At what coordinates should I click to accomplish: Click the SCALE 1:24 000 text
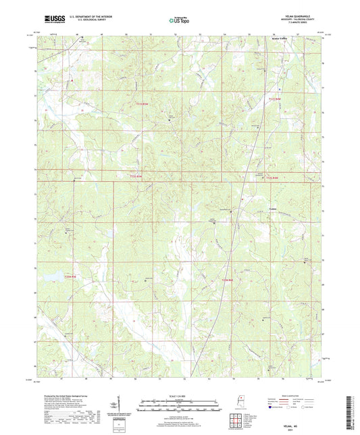click(x=180, y=394)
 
